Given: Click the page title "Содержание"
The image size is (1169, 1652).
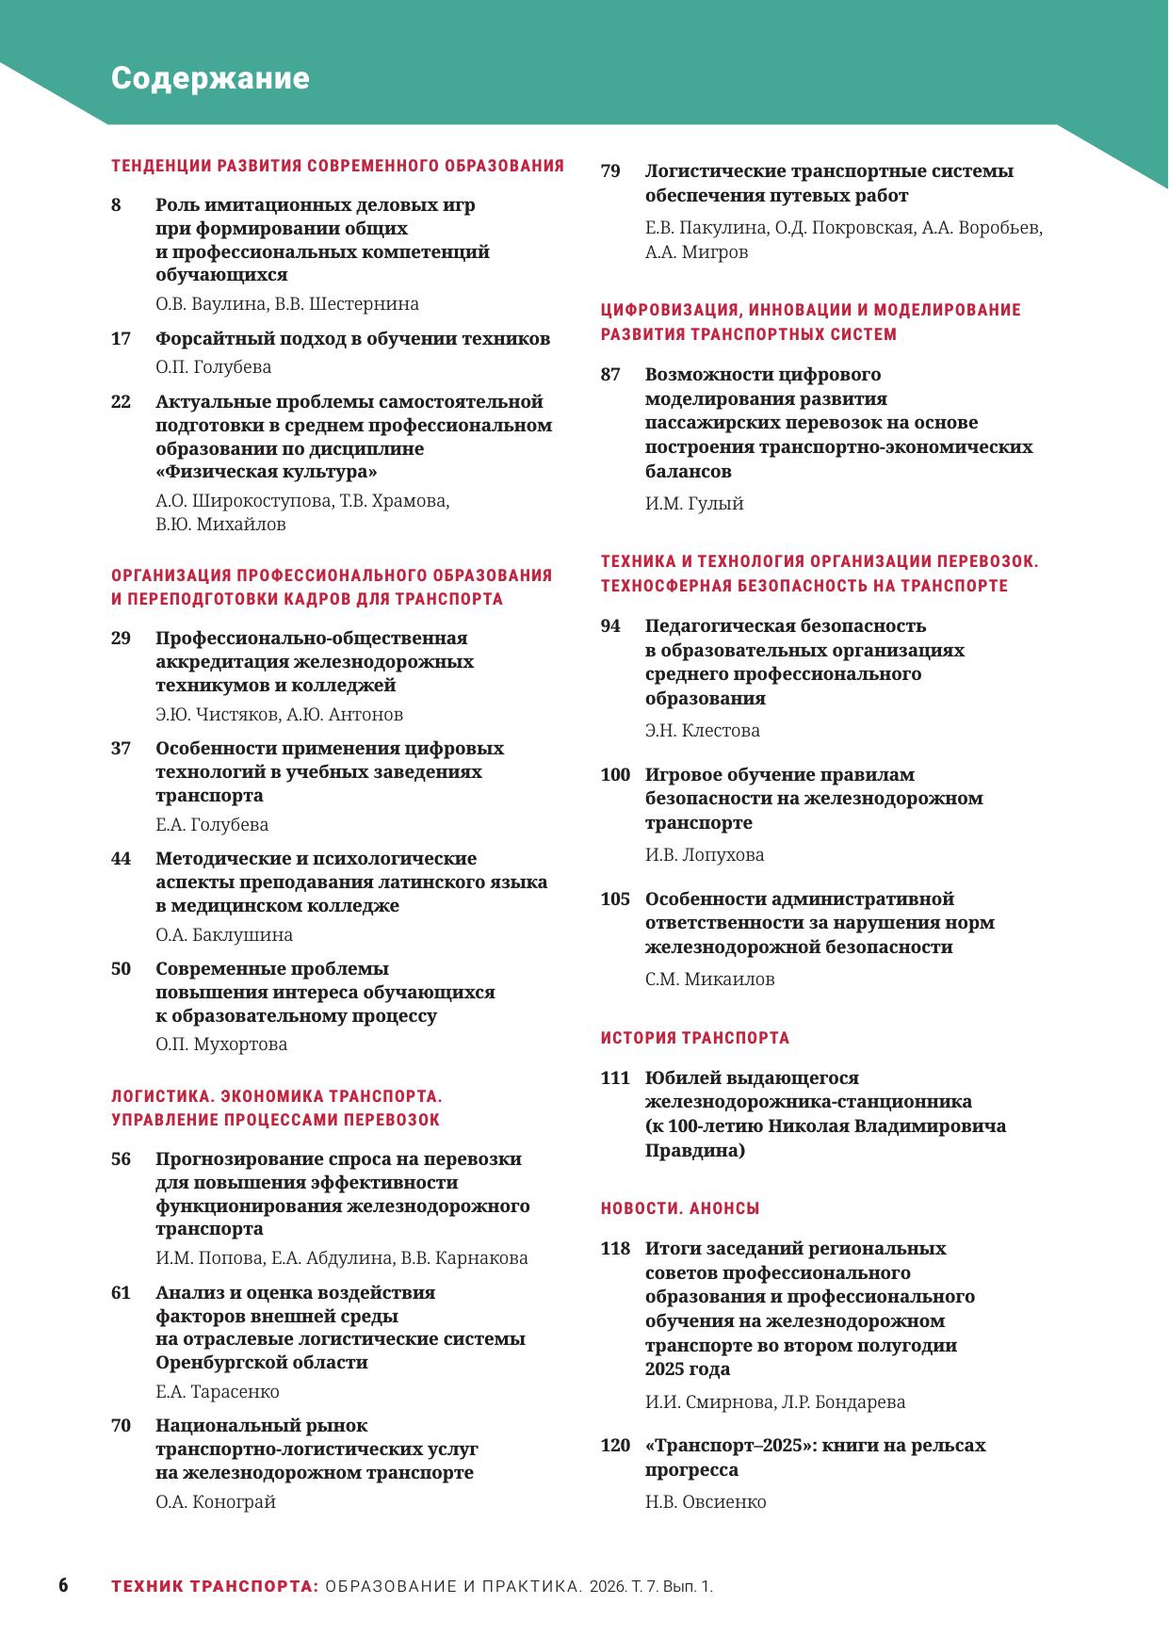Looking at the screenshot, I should pos(210,78).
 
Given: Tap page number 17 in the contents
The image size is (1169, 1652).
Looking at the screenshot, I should pos(121,338).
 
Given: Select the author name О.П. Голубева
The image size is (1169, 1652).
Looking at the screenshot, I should pos(213,367).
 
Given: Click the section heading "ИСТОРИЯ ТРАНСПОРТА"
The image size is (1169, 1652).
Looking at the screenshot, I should pos(695,1038).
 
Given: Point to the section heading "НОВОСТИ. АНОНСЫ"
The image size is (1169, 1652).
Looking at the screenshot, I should pos(680,1208).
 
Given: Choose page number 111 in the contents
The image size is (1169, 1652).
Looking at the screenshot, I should pos(615,1077).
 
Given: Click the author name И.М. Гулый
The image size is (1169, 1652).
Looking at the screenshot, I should pos(694,504).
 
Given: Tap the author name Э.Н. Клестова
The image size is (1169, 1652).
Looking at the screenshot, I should pos(702,730).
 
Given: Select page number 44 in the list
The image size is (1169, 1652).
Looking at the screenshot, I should pos(121,858).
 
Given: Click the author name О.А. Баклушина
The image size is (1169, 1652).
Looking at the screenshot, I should pos(224,935).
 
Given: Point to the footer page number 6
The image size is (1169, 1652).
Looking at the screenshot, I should pos(63,1585).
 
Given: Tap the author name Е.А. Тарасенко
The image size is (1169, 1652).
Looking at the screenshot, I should pos(218,1391).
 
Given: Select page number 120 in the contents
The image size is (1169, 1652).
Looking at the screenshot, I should pos(615,1445).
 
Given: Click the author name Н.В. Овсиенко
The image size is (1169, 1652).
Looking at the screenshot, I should pos(706,1502).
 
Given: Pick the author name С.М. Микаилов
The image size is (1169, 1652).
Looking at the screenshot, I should pos(709,980).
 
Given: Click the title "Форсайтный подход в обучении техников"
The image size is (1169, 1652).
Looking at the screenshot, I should pos(352,338).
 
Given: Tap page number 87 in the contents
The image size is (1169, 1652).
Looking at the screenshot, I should pos(610,374).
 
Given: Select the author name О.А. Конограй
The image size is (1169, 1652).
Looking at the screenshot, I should pos(216,1502).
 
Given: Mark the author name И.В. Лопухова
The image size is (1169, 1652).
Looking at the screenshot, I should pos(705,855).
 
